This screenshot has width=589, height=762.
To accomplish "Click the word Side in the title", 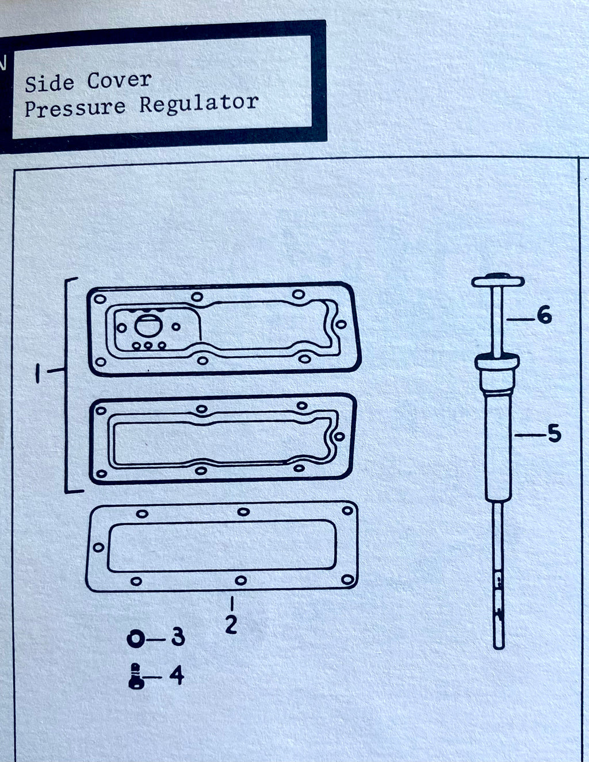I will pyautogui.click(x=49, y=83).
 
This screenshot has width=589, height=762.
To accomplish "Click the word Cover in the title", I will pyautogui.click(x=119, y=81).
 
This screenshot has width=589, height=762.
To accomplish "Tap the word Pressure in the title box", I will pyautogui.click(x=75, y=108).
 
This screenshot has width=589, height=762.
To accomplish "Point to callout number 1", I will pyautogui.click(x=38, y=375).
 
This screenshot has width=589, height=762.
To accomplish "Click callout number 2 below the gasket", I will pyautogui.click(x=231, y=625).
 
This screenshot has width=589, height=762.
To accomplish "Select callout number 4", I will pyautogui.click(x=177, y=675).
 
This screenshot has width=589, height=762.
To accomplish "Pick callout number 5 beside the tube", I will pyautogui.click(x=553, y=433).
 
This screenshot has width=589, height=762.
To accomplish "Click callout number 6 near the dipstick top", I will pyautogui.click(x=544, y=315).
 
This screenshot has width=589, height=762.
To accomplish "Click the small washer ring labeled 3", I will pyautogui.click(x=136, y=638).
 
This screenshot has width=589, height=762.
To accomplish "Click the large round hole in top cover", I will pyautogui.click(x=144, y=326).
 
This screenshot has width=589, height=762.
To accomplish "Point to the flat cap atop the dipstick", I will pyautogui.click(x=498, y=281).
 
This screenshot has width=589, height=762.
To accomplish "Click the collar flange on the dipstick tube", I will pyautogui.click(x=498, y=363).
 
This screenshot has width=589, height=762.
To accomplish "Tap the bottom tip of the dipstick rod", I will pyautogui.click(x=498, y=645).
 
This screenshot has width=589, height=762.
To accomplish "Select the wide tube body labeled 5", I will pyautogui.click(x=498, y=449).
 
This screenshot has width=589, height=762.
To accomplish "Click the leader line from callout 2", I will pyautogui.click(x=231, y=604).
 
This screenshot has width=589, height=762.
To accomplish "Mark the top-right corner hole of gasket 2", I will pyautogui.click(x=347, y=511).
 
